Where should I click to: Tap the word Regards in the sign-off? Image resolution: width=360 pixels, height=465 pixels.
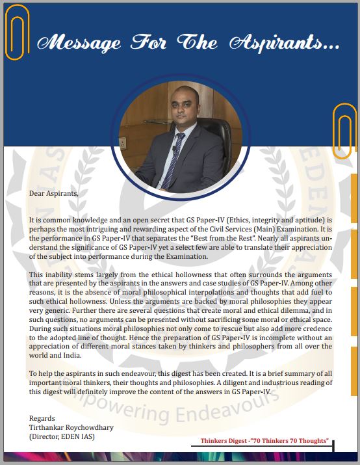(x=43, y=418)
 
